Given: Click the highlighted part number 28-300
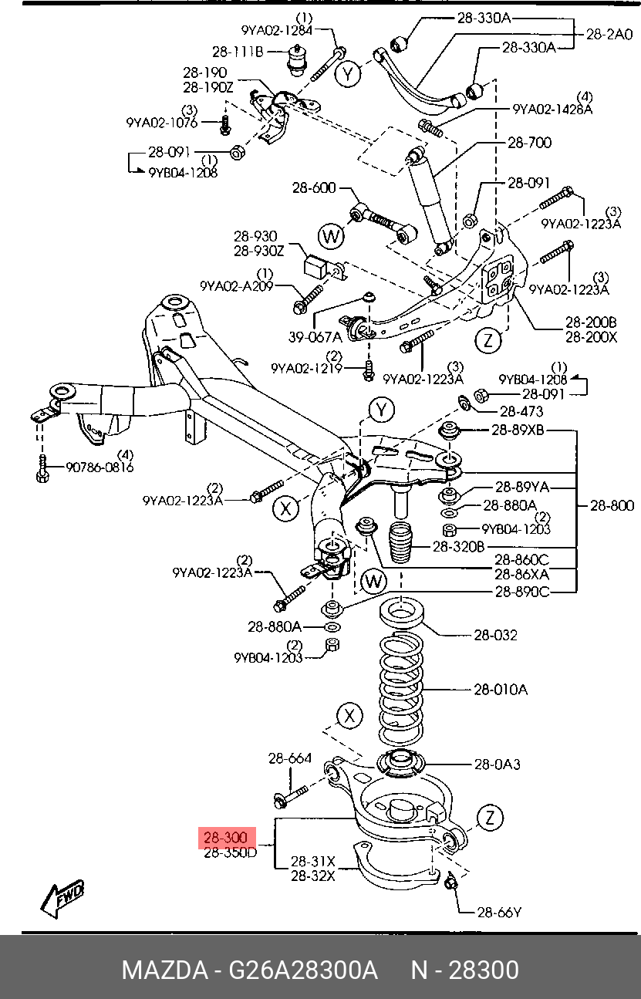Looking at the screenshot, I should coord(226,838).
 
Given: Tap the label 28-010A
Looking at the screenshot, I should coord(501,689).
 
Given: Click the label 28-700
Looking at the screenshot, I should coord(529,143).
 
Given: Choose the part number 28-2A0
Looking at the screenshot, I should coord(609,34).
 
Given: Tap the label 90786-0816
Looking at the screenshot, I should coord(100,467).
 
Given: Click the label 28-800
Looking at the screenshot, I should coord(612,506).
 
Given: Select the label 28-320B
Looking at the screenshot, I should coord(458,546).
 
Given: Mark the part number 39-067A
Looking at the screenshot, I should coord(315,337).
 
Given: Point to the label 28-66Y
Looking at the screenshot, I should coord(499,913).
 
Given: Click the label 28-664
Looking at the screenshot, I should coord(290,758).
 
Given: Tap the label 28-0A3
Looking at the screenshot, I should coord(497,764).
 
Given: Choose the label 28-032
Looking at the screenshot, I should coord(495,636).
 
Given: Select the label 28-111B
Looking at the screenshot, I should coord(238,52).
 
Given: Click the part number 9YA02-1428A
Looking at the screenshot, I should coord(552,110).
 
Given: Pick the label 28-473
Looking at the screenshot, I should coord(522,411).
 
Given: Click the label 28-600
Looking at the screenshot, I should coord(314,187).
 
